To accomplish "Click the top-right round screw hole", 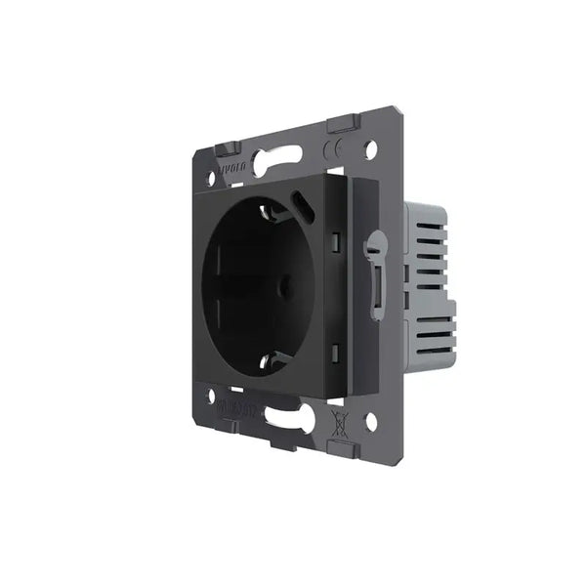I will [x=370, y=149].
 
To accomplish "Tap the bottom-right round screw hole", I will [x=370, y=422].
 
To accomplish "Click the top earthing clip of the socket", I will [x=262, y=208].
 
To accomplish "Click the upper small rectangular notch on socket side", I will [x=335, y=240].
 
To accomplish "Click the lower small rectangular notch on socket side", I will [x=335, y=349].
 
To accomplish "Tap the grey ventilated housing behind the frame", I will [x=430, y=273].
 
